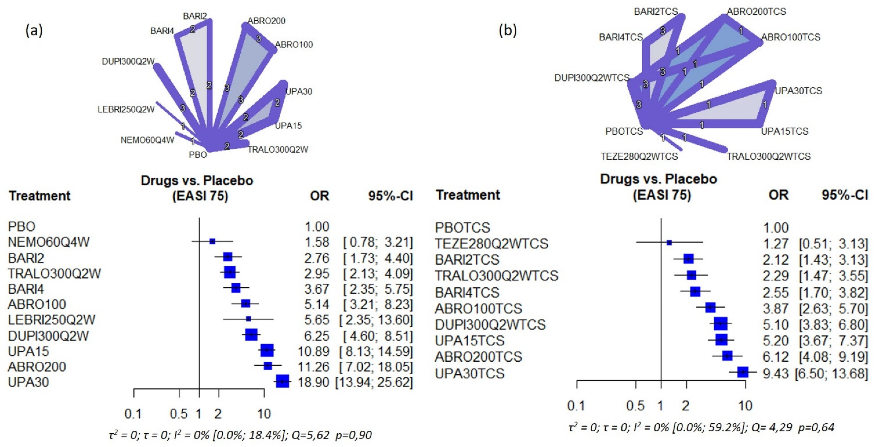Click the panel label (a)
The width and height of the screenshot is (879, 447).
34,31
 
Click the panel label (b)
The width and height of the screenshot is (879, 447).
508,31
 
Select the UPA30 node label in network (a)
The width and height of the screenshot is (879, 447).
299,91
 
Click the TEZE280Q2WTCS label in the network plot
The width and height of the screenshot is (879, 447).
639,157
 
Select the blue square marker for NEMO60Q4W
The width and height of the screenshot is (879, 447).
212,241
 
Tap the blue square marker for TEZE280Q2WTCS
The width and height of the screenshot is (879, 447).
669,243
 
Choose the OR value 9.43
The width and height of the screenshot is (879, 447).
776,373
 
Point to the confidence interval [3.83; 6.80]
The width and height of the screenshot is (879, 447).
833,325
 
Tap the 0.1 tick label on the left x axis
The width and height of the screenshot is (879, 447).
133,414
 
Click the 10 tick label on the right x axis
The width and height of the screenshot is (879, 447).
745,406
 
